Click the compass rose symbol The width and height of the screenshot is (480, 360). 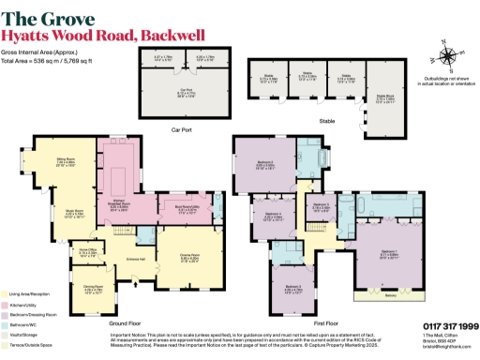(446, 54)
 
